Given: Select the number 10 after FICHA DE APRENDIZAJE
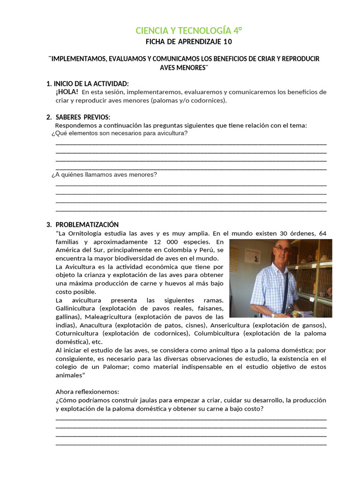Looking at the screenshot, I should point(227,42).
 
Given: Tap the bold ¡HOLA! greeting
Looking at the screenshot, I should point(67,92).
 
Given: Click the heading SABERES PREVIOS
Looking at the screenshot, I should point(82,117).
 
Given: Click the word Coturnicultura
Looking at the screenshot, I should point(76,334).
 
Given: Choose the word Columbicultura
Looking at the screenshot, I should point(244,334).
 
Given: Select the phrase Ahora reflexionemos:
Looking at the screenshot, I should point(87,391).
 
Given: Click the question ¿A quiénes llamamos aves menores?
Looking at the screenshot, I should point(104,175).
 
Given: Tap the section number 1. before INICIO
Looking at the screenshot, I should point(49,83).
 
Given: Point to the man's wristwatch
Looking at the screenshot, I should point(273,315).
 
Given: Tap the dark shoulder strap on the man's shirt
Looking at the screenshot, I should point(285,291).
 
